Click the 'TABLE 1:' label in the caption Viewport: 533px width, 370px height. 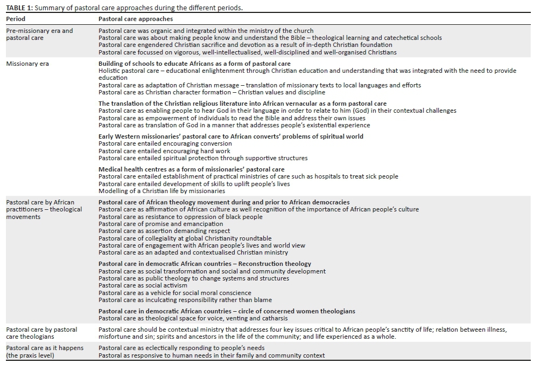pyautogui.click(x=20, y=9)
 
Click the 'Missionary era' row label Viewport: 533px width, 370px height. pyautogui.click(x=27, y=64)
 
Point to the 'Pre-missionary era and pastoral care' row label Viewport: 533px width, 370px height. pyautogui.click(x=39, y=35)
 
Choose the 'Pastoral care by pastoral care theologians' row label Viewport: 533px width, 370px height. pyautogui.click(x=41, y=333)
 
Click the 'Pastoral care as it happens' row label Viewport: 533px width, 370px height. pyautogui.click(x=45, y=352)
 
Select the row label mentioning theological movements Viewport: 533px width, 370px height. pyautogui.click(x=44, y=209)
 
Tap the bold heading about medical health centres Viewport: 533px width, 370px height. pyautogui.click(x=191, y=169)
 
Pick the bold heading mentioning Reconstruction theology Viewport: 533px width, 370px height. pyautogui.click(x=205, y=264)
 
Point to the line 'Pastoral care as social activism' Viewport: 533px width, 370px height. pyautogui.click(x=143, y=285)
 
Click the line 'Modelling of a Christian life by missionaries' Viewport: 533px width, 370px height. pyautogui.click(x=162, y=191)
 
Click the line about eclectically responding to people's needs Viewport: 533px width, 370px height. pyautogui.click(x=181, y=348)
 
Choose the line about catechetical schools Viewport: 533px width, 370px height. pyautogui.click(x=270, y=38)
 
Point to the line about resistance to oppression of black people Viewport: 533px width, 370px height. pyautogui.click(x=180, y=217)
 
